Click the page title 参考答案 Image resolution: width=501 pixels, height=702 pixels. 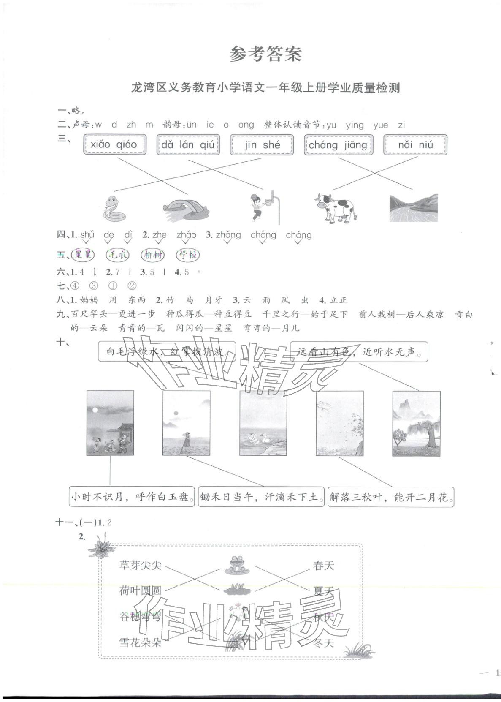(x=265, y=54)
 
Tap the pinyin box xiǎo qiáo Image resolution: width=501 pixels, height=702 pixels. (x=115, y=144)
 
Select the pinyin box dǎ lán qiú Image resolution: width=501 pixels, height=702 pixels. (x=188, y=144)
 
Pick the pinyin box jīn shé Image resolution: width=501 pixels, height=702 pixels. (x=262, y=145)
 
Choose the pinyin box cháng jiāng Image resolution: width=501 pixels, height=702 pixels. (x=338, y=145)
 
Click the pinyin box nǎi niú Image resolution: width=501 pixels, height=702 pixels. (x=415, y=145)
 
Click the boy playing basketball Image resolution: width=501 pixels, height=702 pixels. (x=259, y=207)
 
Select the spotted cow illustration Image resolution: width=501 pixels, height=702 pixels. (x=336, y=207)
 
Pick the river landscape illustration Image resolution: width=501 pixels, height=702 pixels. (x=413, y=208)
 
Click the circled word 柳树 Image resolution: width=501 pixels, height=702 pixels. (x=152, y=255)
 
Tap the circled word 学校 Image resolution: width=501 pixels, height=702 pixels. (x=188, y=255)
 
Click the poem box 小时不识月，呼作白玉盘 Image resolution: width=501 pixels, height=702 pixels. (x=132, y=497)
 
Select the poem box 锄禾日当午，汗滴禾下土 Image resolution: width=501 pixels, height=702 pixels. (x=261, y=497)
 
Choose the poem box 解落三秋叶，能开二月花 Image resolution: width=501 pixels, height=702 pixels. (x=391, y=497)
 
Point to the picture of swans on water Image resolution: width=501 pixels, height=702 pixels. (x=263, y=423)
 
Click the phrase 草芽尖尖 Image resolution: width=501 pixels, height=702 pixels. (x=141, y=565)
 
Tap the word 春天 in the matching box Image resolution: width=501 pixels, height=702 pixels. (x=324, y=565)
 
